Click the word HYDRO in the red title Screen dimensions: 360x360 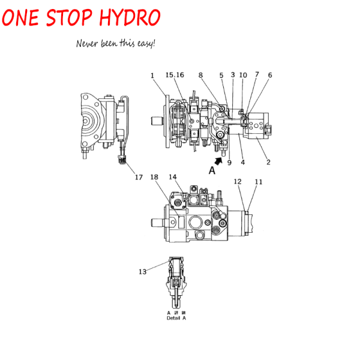point(130,17)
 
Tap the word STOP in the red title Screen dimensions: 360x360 point(69,17)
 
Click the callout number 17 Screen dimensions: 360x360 point(139,177)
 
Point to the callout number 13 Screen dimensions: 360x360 point(143,272)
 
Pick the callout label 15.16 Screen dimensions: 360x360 point(175,75)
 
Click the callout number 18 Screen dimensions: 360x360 point(154,177)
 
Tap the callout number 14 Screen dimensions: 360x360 point(173,177)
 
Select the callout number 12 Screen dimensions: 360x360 point(238,182)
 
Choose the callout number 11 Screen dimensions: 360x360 point(259,182)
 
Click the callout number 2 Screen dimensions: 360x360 point(268,162)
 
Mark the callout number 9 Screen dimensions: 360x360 point(229,163)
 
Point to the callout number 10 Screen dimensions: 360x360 point(243,75)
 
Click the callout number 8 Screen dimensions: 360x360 point(200,75)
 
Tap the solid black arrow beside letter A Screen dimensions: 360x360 point(219,161)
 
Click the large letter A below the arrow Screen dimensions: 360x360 point(212,170)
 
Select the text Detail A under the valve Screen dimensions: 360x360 point(176,318)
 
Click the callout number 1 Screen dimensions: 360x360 point(152,76)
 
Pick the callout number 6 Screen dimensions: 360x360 point(270,75)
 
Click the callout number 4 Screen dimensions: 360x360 point(242,163)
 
